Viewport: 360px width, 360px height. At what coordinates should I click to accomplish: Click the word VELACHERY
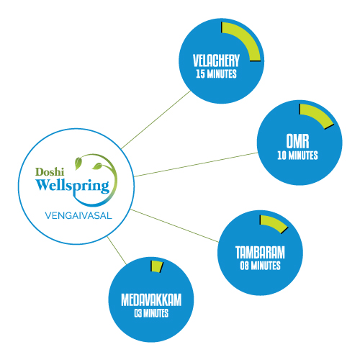coord(216,60)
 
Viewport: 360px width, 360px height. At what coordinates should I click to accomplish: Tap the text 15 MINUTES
coord(216,74)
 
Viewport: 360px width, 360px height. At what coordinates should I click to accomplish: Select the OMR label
coord(297,141)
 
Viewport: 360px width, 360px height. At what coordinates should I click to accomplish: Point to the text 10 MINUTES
coord(297,156)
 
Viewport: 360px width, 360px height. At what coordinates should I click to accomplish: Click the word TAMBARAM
coord(260,253)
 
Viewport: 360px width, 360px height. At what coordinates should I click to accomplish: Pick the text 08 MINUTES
coord(260,266)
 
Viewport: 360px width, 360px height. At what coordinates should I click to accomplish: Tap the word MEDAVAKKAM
coord(151,300)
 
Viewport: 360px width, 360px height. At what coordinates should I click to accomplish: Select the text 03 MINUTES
coord(151,313)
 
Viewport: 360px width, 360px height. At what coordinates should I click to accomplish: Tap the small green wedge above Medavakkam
coord(157,266)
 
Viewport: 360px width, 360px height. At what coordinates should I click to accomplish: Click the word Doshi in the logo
coord(50,172)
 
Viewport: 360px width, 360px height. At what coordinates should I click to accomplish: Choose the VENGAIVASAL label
coord(78,215)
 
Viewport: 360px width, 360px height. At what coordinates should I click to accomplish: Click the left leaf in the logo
coord(78,163)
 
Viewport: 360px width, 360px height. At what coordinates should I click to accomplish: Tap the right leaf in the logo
coord(97,166)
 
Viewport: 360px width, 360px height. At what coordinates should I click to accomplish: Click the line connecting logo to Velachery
coord(156,120)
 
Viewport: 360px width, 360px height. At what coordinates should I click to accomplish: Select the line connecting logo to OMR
coord(196,164)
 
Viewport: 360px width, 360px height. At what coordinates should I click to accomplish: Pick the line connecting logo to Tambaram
coord(174,225)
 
